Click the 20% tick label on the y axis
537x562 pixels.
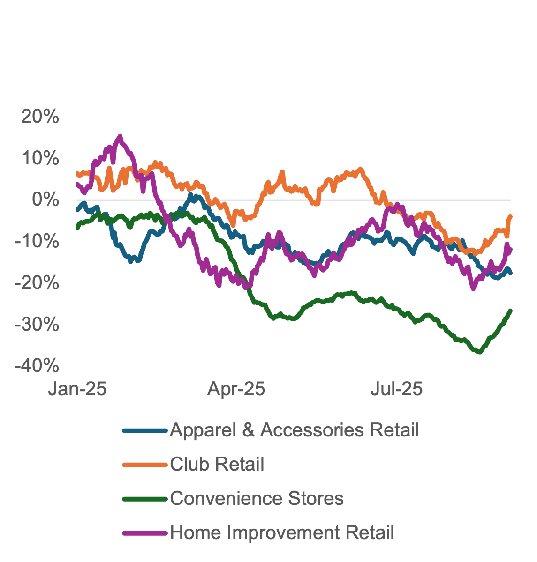[x=40, y=117]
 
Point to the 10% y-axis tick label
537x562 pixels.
[x=40, y=159]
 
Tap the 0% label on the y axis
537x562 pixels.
[x=46, y=200]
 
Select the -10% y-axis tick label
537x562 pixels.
[x=37, y=242]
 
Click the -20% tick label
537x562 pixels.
[x=37, y=283]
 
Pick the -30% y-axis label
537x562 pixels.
[x=37, y=325]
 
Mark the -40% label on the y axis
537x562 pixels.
[x=37, y=366]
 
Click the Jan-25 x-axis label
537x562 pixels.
[x=77, y=389]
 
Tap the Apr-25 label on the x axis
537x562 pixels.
[x=236, y=389]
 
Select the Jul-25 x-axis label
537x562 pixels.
[x=396, y=389]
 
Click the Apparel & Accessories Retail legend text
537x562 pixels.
[x=294, y=430]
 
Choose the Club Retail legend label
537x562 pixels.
[x=217, y=464]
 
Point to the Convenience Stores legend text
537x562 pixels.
[x=257, y=498]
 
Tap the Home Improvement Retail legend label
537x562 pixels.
[x=282, y=532]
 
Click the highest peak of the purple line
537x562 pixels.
[x=120, y=137]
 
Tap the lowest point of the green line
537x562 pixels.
[x=479, y=352]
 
